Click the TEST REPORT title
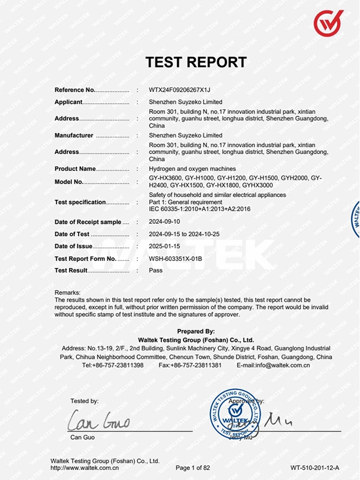(x=196, y=62)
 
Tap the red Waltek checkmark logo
(x=328, y=23)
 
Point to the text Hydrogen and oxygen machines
(x=192, y=169)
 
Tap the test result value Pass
(x=155, y=271)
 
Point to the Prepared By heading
(x=196, y=331)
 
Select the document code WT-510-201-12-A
(x=314, y=467)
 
